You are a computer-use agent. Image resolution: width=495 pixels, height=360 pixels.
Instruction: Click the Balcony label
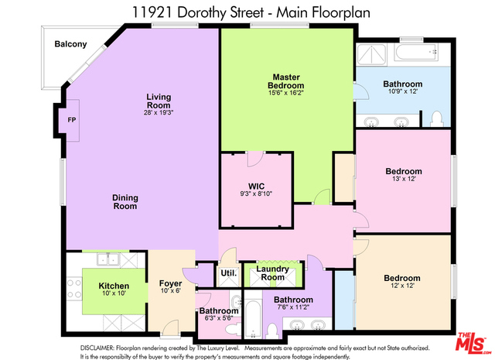click(x=70, y=44)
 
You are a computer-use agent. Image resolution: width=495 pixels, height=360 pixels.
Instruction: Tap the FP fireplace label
click(x=72, y=120)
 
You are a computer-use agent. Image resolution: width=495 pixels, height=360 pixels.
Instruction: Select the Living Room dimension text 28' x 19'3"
click(x=159, y=112)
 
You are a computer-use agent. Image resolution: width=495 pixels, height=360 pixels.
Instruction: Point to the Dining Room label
click(x=125, y=202)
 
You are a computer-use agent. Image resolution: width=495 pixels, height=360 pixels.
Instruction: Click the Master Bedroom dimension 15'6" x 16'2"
click(x=286, y=93)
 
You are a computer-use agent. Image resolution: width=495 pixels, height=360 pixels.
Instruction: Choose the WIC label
click(x=256, y=186)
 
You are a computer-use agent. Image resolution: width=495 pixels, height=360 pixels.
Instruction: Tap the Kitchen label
click(x=114, y=286)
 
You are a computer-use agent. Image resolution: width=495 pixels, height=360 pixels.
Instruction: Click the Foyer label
click(x=170, y=283)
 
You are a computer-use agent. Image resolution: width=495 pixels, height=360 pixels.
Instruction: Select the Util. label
click(x=229, y=273)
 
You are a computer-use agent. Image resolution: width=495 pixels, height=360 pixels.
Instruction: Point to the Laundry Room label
click(x=272, y=273)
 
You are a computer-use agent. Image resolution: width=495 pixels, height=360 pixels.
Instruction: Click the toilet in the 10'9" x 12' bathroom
click(x=437, y=119)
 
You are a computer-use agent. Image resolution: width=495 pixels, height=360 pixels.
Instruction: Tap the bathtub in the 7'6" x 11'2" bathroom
click(x=253, y=318)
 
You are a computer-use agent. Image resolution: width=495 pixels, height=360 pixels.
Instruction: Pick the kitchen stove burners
click(x=74, y=288)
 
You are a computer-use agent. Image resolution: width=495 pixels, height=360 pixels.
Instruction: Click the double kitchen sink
click(x=108, y=260)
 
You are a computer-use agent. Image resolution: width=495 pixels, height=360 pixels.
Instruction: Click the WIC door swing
click(x=255, y=159)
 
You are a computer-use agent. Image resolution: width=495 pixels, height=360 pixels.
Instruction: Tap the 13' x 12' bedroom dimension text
click(x=404, y=179)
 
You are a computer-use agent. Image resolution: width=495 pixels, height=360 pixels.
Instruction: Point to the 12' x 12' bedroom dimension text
click(x=402, y=286)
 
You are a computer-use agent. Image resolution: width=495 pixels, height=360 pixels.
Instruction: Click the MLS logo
click(x=473, y=342)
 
